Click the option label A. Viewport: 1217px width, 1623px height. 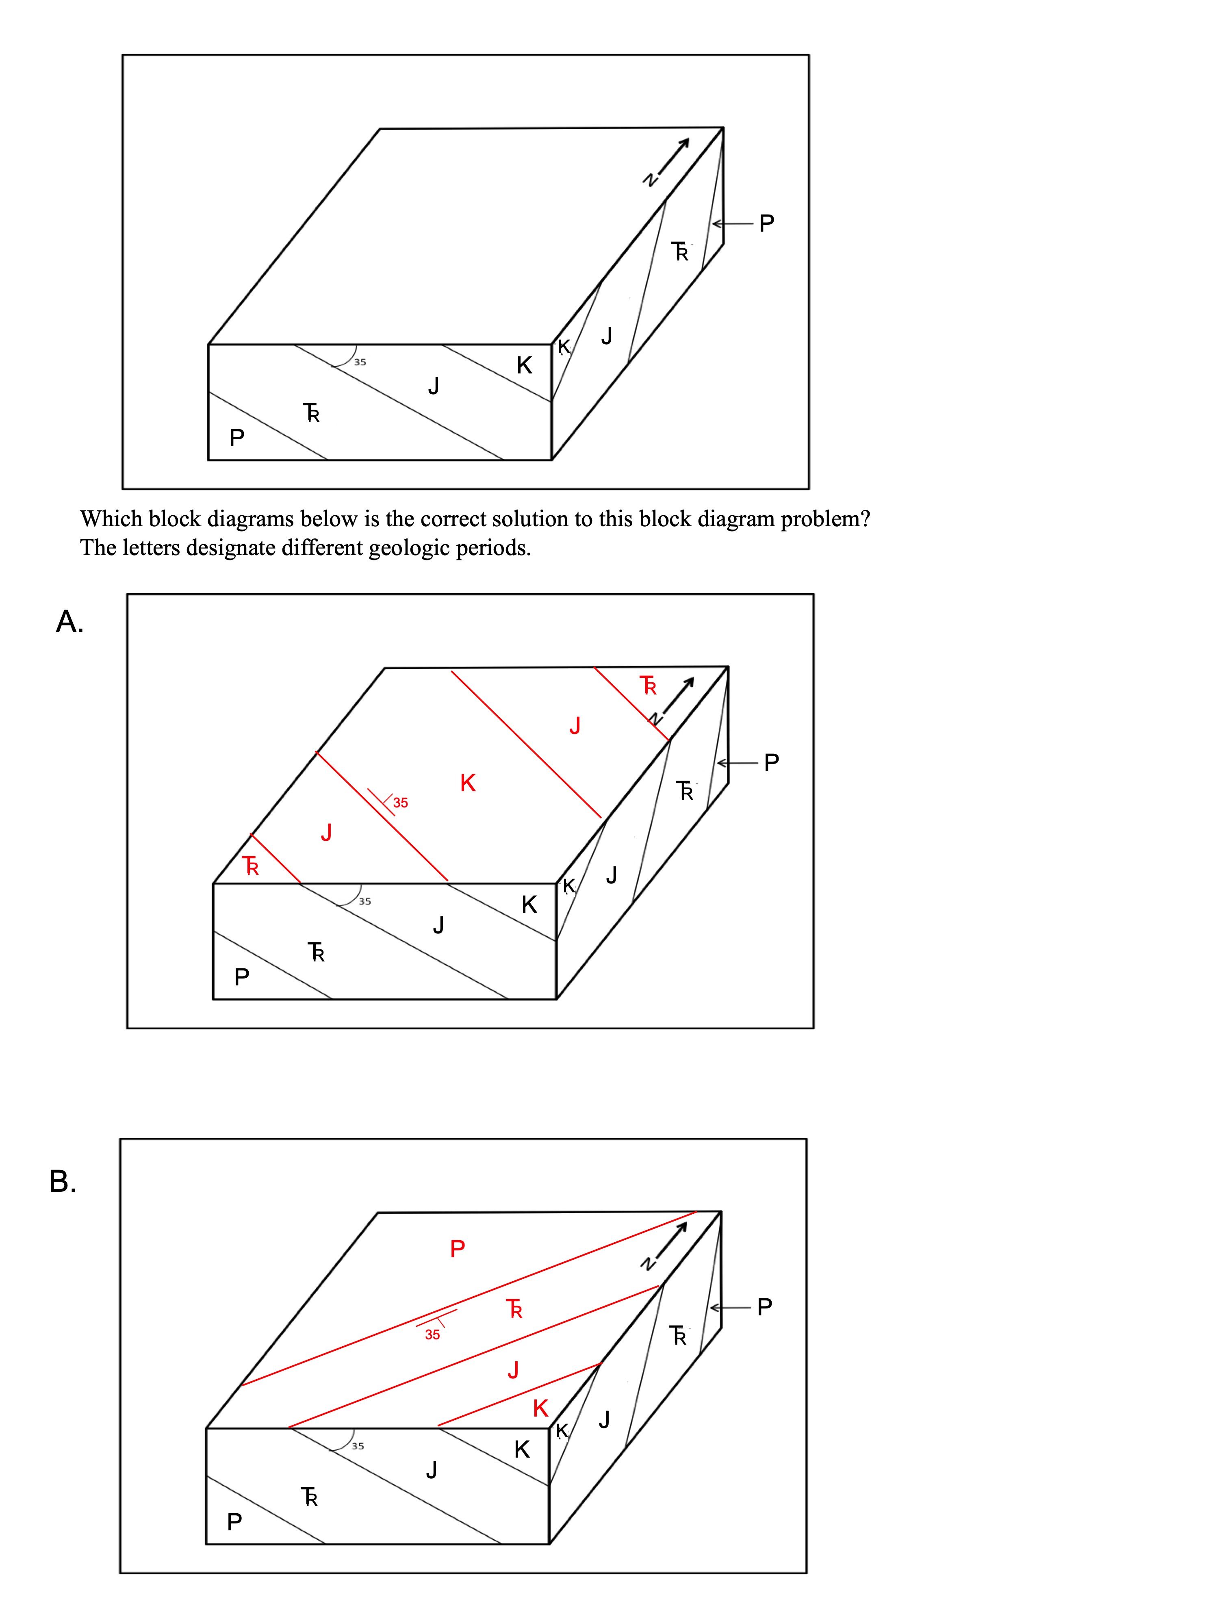[x=70, y=621]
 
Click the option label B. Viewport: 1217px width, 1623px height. [x=63, y=1181]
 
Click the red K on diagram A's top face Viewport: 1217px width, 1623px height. [x=468, y=783]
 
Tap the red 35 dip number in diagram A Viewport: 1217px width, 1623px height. [x=401, y=803]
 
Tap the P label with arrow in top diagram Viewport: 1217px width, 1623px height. [x=766, y=223]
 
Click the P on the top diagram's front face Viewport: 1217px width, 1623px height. [x=236, y=438]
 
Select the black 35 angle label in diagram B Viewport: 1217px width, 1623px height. [x=357, y=1446]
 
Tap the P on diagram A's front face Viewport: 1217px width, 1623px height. [x=241, y=976]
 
